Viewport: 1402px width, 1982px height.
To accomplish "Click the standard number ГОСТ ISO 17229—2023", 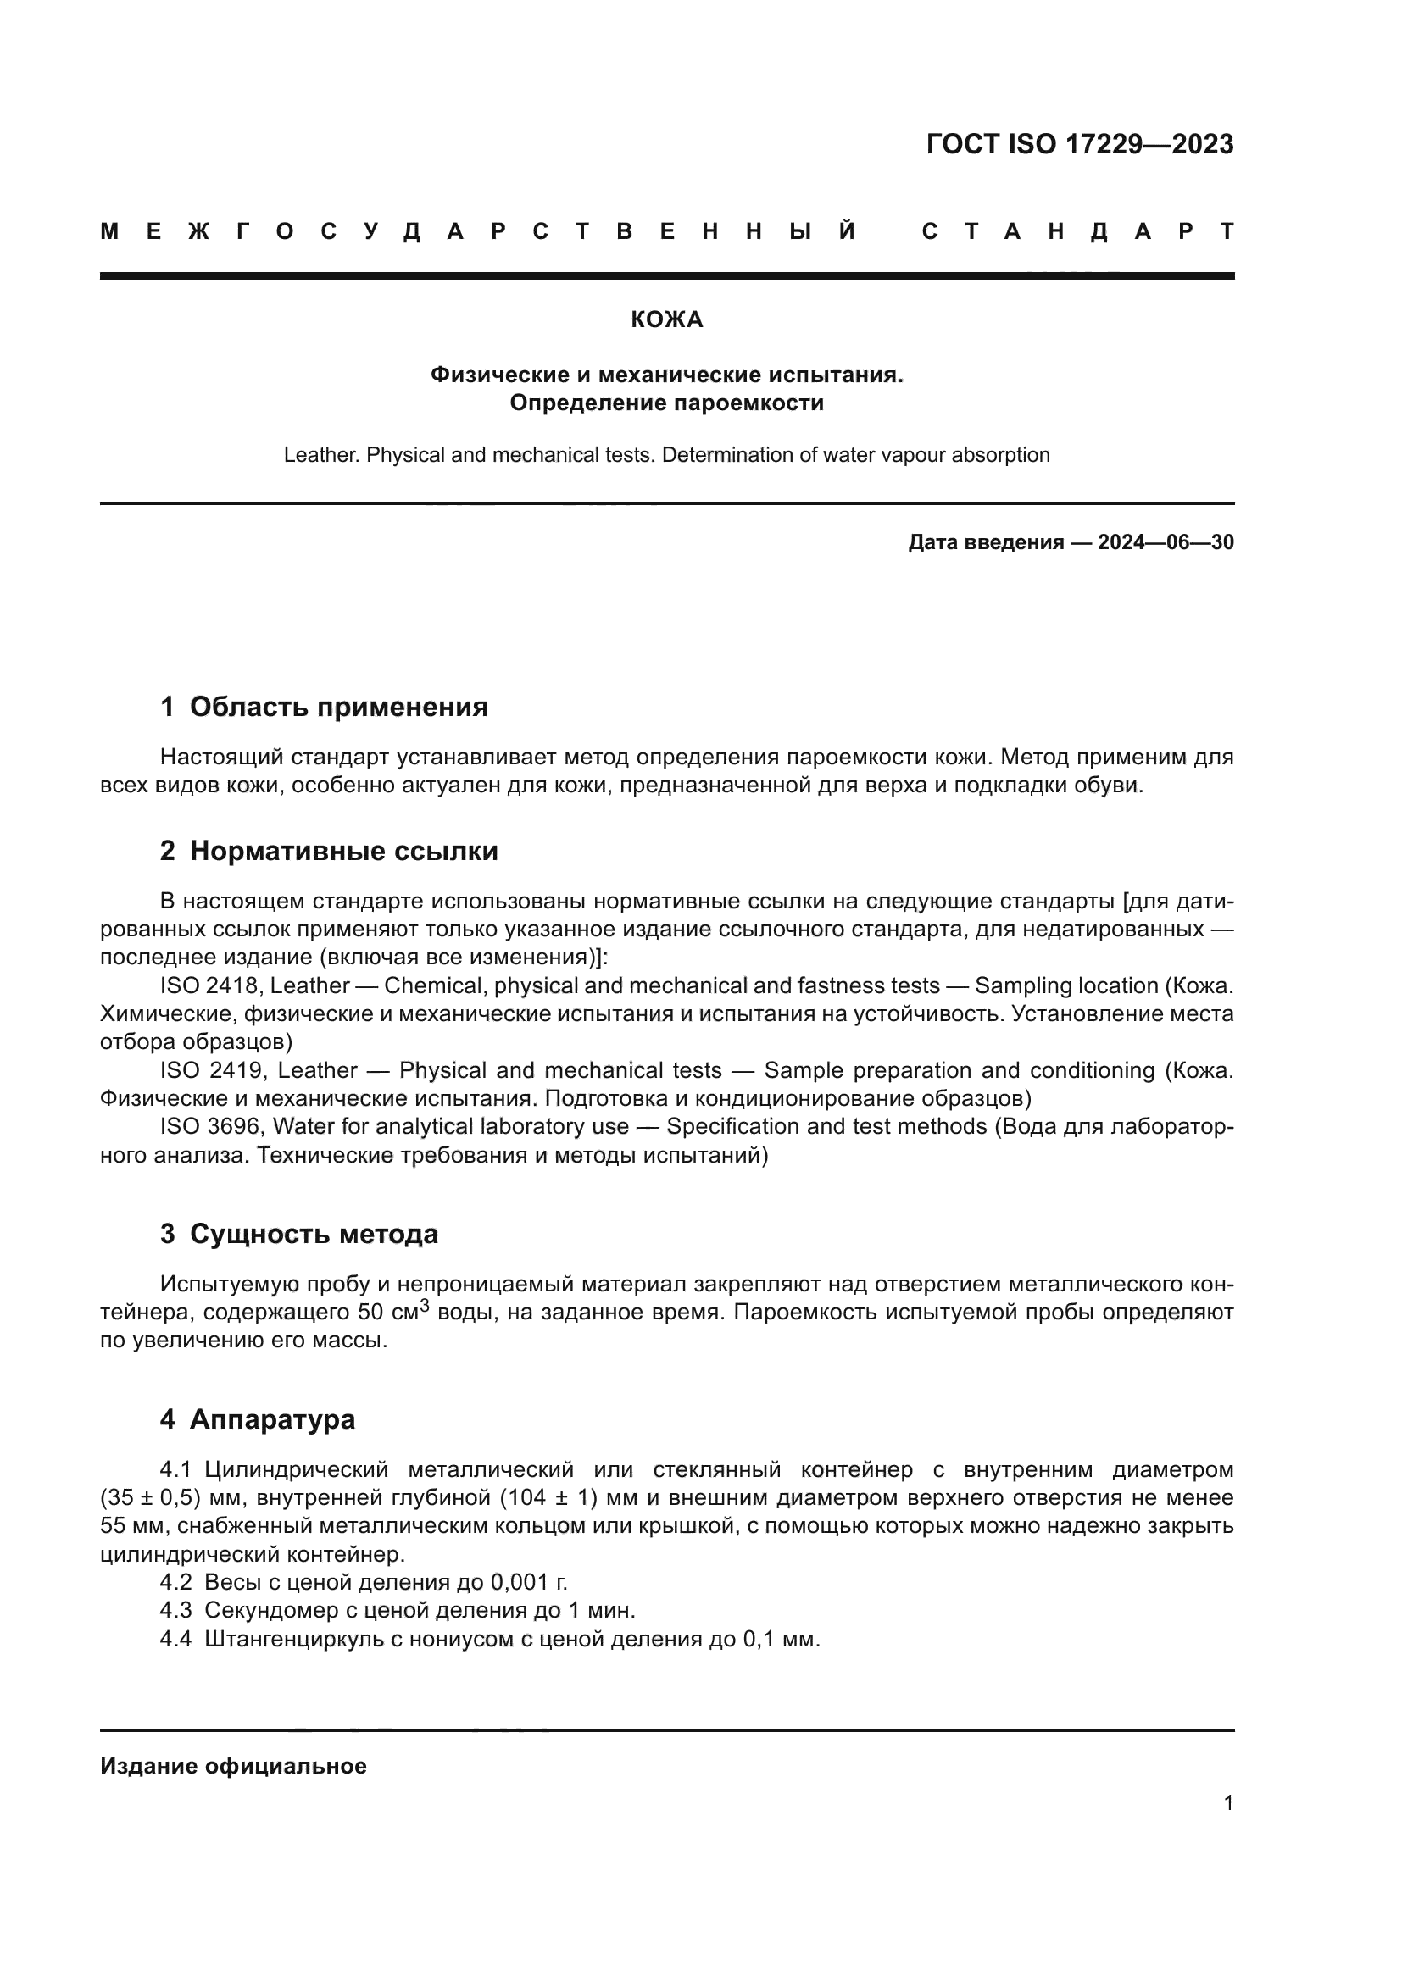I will click(1079, 144).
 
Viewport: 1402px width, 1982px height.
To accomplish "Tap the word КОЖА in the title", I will click(666, 320).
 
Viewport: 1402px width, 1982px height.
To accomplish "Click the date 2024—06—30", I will click(1166, 542).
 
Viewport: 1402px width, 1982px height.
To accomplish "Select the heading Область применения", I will click(338, 707).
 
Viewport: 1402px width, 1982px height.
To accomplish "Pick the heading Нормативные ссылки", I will click(343, 851).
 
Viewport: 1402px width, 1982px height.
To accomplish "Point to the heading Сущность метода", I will click(314, 1235).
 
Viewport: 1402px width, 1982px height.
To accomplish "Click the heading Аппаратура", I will click(272, 1419).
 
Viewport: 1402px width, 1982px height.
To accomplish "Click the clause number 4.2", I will click(175, 1582).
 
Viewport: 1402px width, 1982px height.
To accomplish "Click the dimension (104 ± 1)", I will click(549, 1497).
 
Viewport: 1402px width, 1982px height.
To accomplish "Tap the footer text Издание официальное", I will click(233, 1766).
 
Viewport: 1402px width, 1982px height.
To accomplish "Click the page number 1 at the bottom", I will click(1227, 1802).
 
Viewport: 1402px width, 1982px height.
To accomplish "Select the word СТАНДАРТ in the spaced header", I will click(1077, 231).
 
